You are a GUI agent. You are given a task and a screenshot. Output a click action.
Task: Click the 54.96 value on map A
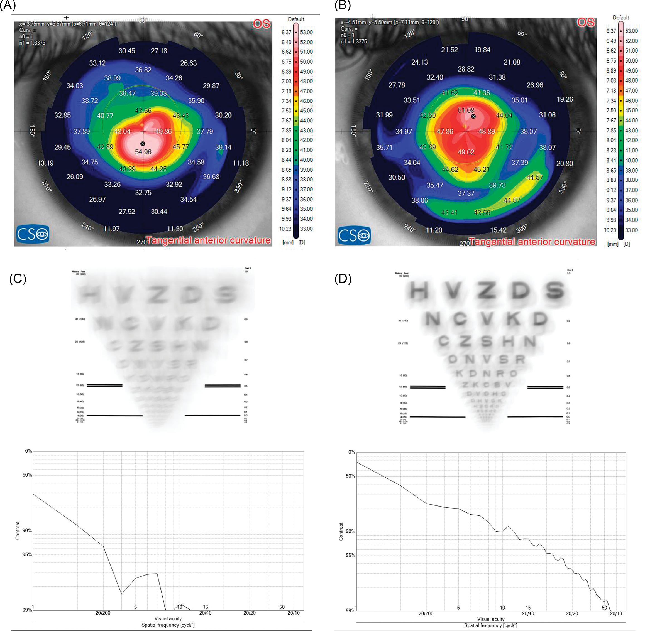pos(143,152)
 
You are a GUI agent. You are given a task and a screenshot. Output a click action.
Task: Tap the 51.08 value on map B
pos(466,110)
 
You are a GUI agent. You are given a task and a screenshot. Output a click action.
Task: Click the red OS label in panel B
pos(586,23)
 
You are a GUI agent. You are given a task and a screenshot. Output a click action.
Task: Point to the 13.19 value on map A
pos(45,163)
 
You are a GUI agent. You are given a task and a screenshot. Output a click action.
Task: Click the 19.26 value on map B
pos(565,99)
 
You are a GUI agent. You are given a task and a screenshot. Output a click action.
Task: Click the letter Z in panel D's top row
pos(487,290)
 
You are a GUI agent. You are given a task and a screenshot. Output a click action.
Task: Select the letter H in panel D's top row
pos(419,291)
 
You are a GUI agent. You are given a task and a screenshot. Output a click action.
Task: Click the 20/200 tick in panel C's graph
pos(103,613)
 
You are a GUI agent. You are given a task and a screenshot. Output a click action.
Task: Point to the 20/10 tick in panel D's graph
pos(616,613)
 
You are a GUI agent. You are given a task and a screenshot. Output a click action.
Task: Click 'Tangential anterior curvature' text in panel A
pos(209,240)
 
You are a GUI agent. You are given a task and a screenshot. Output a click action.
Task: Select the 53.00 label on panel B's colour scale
pos(631,31)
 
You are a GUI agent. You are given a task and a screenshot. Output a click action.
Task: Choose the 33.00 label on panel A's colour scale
pos(306,229)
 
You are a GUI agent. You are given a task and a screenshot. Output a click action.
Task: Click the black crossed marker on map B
pos(473,116)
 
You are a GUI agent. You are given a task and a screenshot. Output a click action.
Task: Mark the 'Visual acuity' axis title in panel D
pos(490,619)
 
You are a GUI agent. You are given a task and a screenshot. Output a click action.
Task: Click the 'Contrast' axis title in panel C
pos(18,531)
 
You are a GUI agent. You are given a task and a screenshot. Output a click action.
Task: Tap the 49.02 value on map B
pos(466,152)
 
